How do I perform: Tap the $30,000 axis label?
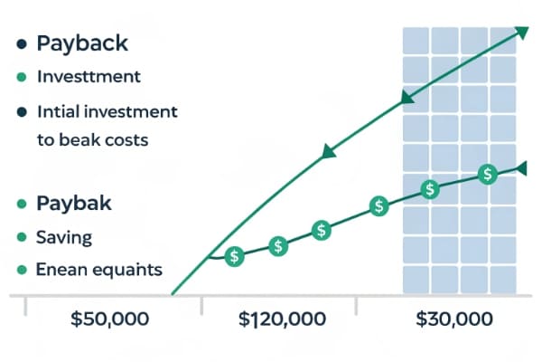pyautogui.click(x=454, y=319)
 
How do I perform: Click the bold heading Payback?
pyautogui.click(x=82, y=43)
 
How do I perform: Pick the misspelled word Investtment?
pyautogui.click(x=89, y=77)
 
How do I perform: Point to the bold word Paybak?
pyautogui.click(x=74, y=203)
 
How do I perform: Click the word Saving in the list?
pyautogui.click(x=64, y=237)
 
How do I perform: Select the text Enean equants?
pyautogui.click(x=98, y=270)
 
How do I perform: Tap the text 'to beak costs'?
pyautogui.click(x=92, y=140)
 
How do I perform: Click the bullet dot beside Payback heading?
pyautogui.click(x=20, y=43)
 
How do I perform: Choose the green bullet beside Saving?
pyautogui.click(x=20, y=237)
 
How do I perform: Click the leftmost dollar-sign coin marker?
pyautogui.click(x=235, y=256)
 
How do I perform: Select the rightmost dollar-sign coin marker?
pyautogui.click(x=488, y=175)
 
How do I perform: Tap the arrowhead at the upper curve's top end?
pyautogui.click(x=522, y=33)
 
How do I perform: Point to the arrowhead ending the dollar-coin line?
pyautogui.click(x=522, y=167)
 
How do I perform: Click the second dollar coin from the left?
pyautogui.click(x=278, y=245)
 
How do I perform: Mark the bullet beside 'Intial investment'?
pyautogui.click(x=20, y=112)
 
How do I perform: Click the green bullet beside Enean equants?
pyautogui.click(x=20, y=270)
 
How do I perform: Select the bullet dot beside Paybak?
pyautogui.click(x=20, y=203)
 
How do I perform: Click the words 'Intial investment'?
pyautogui.click(x=107, y=112)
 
